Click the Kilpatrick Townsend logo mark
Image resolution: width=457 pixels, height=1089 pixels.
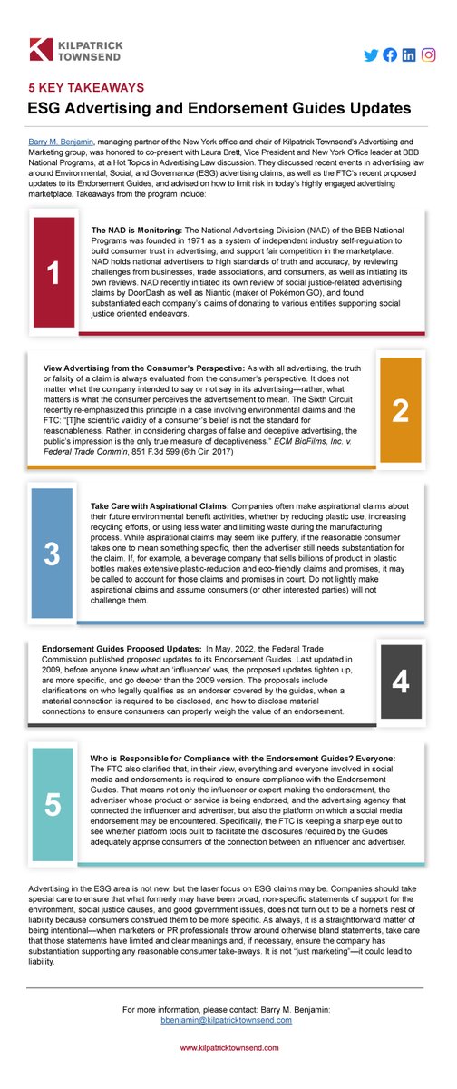40,49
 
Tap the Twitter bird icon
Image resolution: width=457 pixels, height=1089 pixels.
371,55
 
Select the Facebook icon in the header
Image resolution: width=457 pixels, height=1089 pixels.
390,55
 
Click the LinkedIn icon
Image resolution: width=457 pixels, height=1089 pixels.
409,55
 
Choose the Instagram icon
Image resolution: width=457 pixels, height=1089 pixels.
428,55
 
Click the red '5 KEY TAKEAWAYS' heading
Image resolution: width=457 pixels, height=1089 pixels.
87,88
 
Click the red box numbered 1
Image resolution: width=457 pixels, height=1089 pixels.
53,271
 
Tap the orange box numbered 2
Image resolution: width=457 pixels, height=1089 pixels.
400,410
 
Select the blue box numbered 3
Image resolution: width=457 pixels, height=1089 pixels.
53,553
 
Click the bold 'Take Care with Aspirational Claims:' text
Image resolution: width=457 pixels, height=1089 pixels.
152,505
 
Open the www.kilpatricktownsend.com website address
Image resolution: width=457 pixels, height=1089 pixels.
228,1048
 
